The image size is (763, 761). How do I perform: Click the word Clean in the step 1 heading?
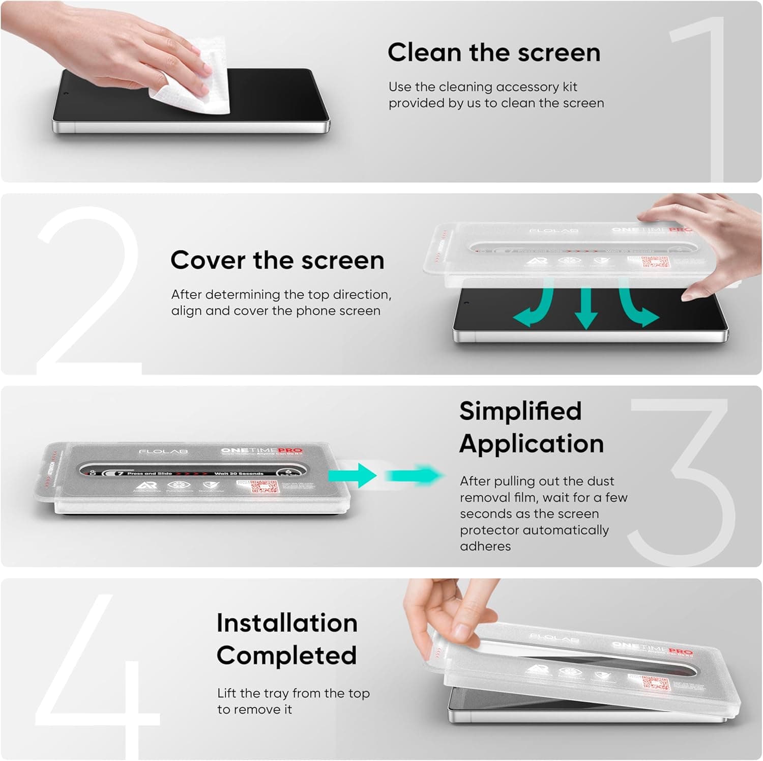point(424,52)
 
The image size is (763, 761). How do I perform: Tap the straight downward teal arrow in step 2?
point(585,308)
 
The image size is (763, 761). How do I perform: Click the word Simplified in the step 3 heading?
point(520,411)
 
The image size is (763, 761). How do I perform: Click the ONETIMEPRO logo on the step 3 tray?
point(261,450)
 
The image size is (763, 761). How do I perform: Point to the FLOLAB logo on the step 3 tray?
point(156,452)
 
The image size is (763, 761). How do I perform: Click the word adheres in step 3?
point(485,546)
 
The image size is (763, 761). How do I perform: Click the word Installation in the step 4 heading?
point(287,623)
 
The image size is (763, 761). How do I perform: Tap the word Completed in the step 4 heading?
point(286,655)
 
